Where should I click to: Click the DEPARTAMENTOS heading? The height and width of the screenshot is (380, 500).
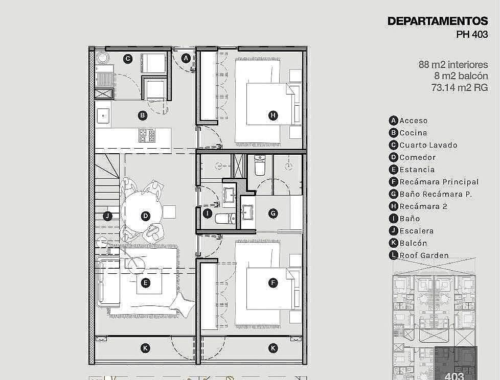438,21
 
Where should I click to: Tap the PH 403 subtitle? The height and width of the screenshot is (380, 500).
472,34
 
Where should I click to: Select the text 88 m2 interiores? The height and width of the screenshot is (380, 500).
453,64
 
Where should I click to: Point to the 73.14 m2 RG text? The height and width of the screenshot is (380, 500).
460,87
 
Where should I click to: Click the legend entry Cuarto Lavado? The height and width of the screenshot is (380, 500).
423,145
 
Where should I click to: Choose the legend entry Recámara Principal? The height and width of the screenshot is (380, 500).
434,182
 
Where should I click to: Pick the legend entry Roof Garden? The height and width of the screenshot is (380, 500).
419,255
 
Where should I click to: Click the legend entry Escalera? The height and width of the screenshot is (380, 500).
412,231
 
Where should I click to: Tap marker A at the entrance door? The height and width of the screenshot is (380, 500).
186,58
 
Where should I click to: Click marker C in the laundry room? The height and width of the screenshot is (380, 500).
127,59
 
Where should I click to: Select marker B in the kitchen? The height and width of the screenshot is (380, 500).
143,115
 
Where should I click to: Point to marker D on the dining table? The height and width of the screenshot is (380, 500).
145,216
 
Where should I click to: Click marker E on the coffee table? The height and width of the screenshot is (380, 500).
145,283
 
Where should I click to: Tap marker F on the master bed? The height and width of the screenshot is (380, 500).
272,283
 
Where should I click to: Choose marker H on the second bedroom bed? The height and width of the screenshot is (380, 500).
272,115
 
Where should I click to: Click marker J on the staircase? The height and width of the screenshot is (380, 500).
108,216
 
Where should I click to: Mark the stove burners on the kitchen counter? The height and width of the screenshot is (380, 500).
147,135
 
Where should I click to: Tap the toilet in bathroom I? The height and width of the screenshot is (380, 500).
225,219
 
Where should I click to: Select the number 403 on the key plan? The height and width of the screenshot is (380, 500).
454,376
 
